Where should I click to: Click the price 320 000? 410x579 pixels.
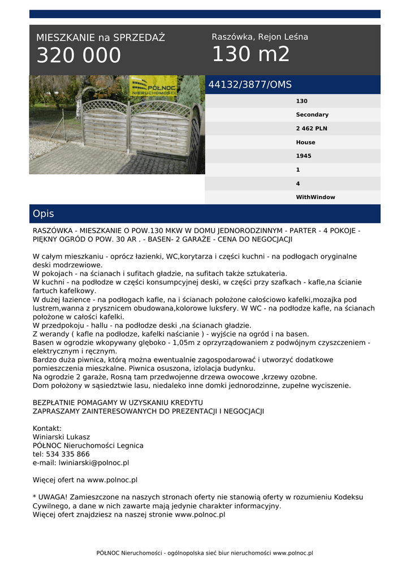click(x=79, y=55)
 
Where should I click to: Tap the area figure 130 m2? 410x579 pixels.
click(x=251, y=54)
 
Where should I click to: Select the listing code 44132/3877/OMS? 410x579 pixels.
click(x=250, y=85)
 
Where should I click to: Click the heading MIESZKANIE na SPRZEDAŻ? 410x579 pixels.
click(x=101, y=38)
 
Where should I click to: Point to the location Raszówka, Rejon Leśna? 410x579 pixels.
click(x=260, y=37)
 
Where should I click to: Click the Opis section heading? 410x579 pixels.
click(x=44, y=214)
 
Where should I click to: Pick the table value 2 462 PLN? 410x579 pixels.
click(x=312, y=128)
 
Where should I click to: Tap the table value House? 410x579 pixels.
click(x=305, y=142)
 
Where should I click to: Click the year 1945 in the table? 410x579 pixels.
click(x=303, y=156)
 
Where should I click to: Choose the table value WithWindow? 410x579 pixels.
click(x=315, y=197)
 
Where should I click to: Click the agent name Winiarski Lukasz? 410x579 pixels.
click(x=62, y=437)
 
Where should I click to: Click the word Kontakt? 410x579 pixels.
click(x=48, y=428)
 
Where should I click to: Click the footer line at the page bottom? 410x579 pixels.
click(x=205, y=553)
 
